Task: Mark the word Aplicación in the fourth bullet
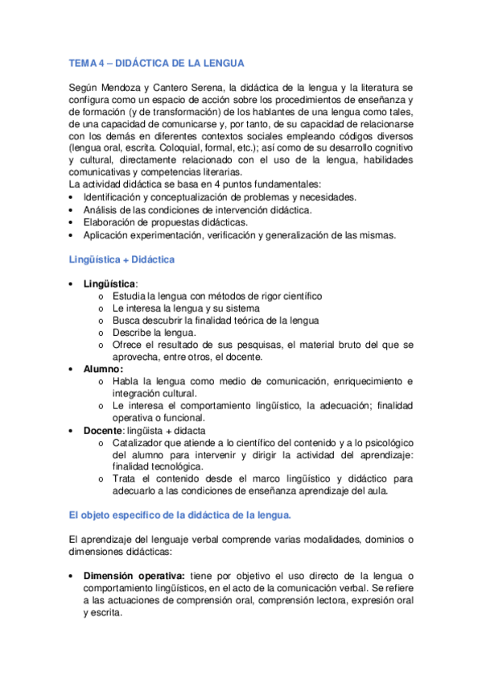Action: (x=108, y=234)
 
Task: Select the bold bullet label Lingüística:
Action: (x=111, y=284)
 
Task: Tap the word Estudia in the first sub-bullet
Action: (x=130, y=296)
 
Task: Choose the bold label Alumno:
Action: (x=104, y=369)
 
